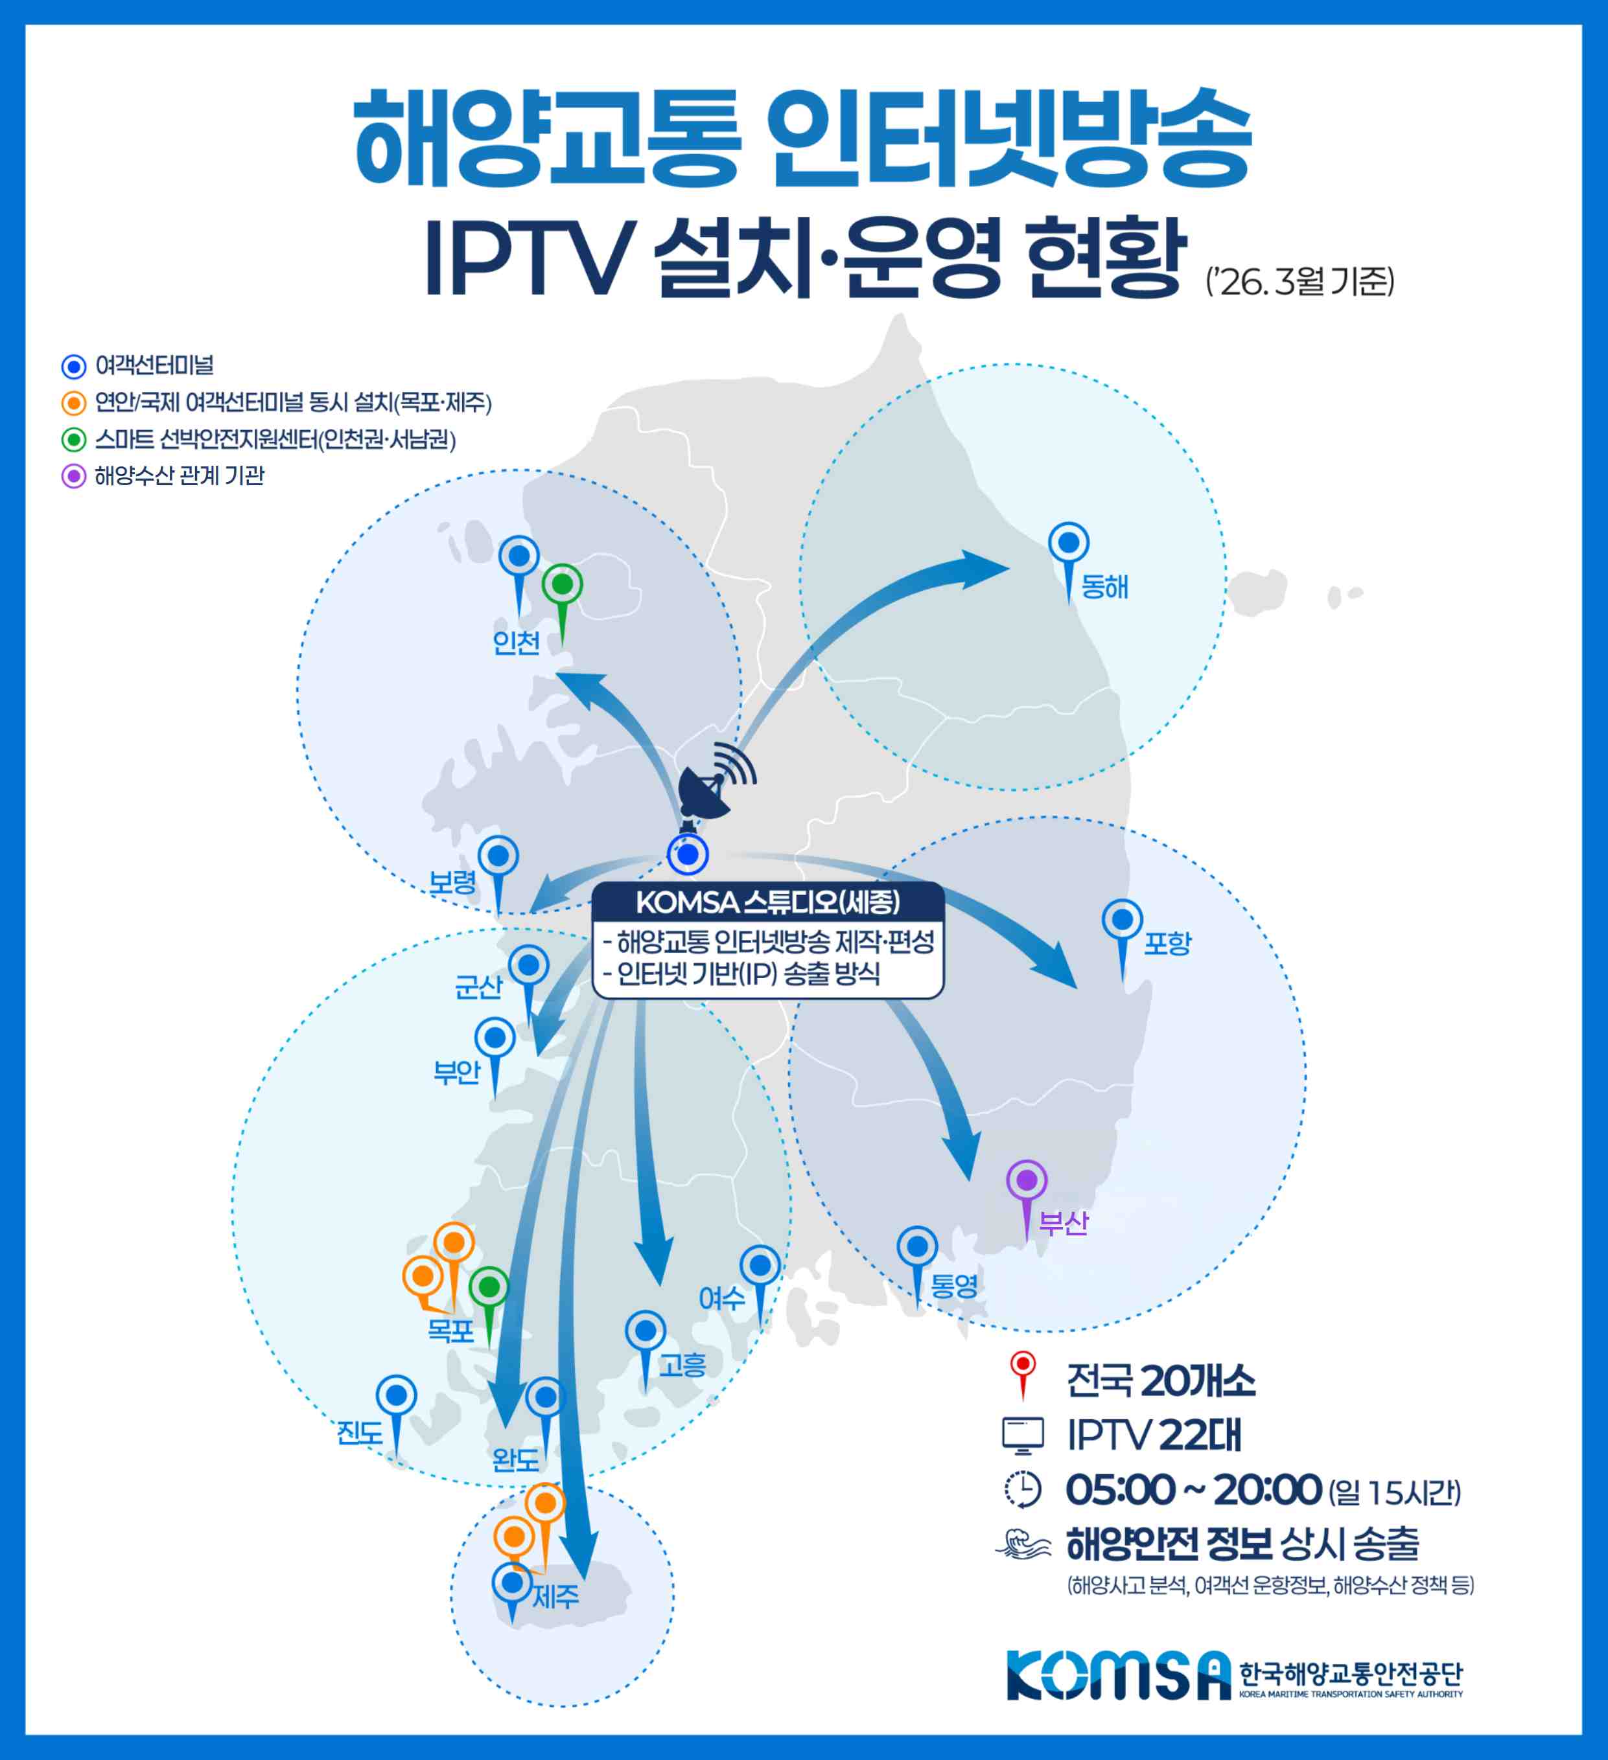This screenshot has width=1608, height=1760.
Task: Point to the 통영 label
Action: click(x=954, y=1285)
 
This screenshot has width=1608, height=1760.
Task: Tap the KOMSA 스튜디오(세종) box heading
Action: click(x=767, y=902)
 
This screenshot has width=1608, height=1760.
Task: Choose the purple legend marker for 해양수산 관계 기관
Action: click(x=75, y=477)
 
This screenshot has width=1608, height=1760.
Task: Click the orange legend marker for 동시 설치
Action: click(x=75, y=404)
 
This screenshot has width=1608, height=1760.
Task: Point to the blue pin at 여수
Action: click(x=760, y=1265)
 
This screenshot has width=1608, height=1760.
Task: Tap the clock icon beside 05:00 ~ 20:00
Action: click(x=1023, y=1489)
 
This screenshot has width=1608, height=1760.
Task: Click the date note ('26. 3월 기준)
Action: click(x=1299, y=282)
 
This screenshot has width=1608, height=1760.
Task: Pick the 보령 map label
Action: click(x=452, y=882)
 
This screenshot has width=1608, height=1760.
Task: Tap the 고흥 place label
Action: click(x=682, y=1364)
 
